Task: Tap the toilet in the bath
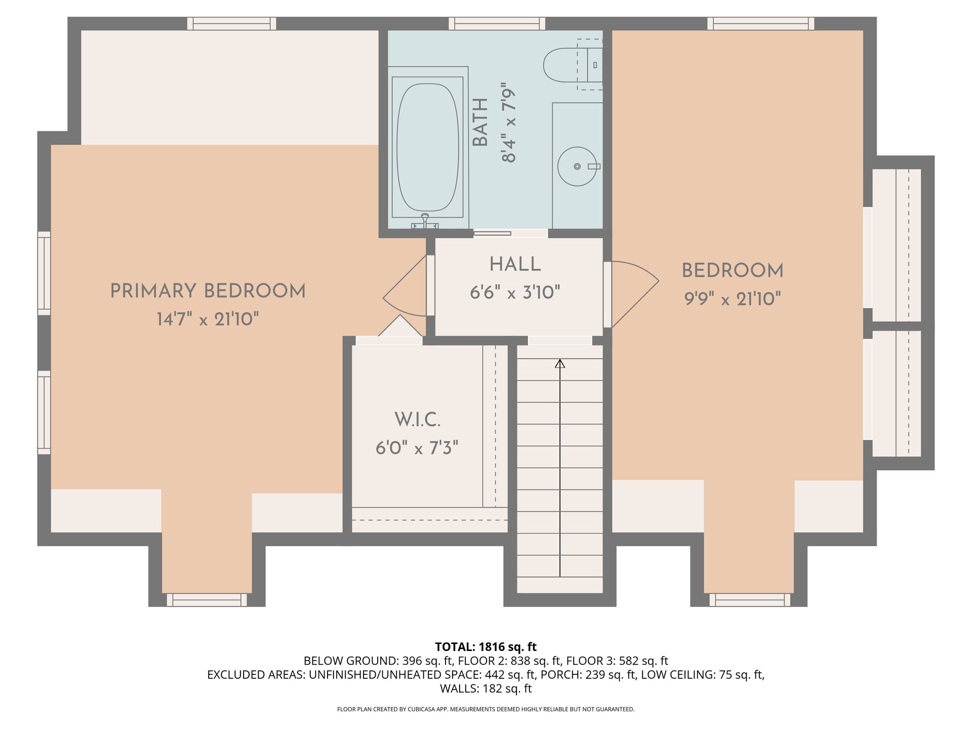point(573,65)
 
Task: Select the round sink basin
point(577,167)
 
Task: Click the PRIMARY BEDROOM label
point(208,291)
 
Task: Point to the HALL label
point(515,264)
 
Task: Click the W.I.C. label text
point(417,420)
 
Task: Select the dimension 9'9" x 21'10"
point(733,299)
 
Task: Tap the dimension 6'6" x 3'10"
point(515,293)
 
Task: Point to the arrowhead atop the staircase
point(560,363)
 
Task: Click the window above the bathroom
point(497,24)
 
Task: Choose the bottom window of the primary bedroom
point(207,600)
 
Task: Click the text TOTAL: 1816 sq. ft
point(486,646)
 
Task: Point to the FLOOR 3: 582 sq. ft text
point(617,661)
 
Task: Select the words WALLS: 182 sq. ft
point(486,688)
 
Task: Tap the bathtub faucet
point(425,221)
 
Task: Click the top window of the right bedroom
point(761,24)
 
